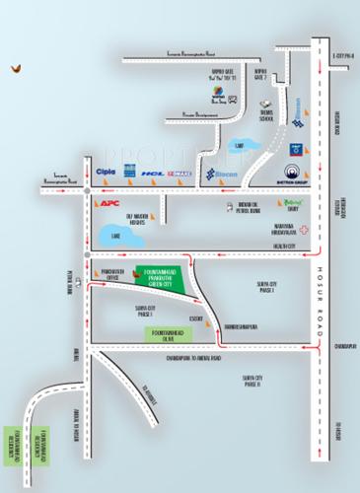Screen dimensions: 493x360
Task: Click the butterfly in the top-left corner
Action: (15, 69)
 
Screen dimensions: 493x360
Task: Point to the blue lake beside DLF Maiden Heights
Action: (120, 237)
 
